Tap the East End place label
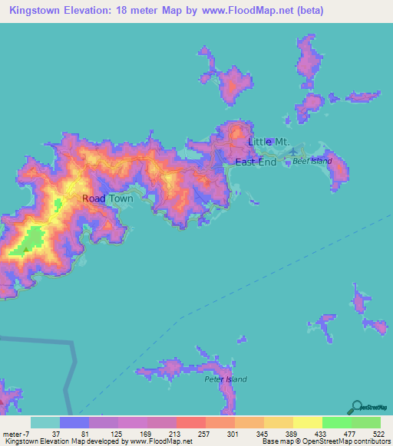click(x=256, y=162)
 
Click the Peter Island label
click(x=223, y=379)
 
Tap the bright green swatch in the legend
click(x=337, y=422)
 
